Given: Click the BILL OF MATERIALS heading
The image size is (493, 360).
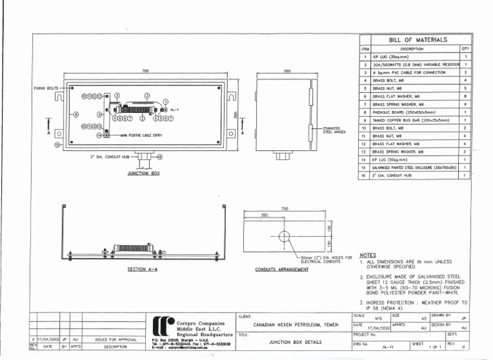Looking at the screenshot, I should (418, 40).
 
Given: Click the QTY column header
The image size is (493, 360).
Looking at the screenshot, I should (463, 48).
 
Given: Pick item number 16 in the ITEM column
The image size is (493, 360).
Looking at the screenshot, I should (364, 175).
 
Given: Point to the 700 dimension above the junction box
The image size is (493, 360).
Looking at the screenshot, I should (146, 71).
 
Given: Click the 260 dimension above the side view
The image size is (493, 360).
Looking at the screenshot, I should (286, 71).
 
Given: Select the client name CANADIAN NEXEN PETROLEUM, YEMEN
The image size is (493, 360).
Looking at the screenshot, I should (295, 325).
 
